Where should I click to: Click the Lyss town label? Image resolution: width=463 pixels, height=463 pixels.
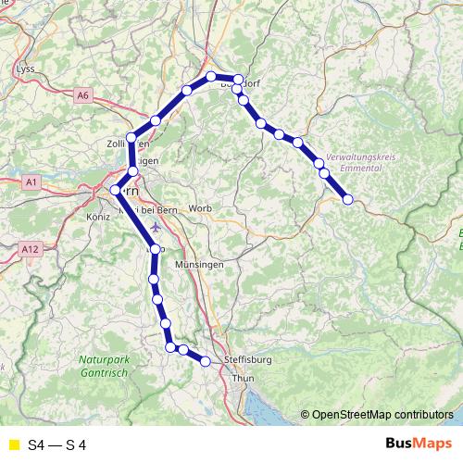(x=25, y=69)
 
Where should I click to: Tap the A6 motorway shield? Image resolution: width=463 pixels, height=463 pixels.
(x=83, y=94)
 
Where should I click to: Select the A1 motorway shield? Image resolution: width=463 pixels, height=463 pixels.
(x=31, y=183)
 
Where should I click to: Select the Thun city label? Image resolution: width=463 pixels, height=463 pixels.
(x=243, y=379)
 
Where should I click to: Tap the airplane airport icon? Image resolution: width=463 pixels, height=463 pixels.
(x=155, y=227)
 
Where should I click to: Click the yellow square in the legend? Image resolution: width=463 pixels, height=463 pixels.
(x=12, y=444)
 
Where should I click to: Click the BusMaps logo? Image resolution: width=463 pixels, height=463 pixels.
(x=418, y=444)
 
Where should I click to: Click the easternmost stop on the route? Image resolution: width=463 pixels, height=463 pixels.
(x=348, y=199)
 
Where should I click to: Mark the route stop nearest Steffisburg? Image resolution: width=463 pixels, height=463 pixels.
(x=206, y=361)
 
